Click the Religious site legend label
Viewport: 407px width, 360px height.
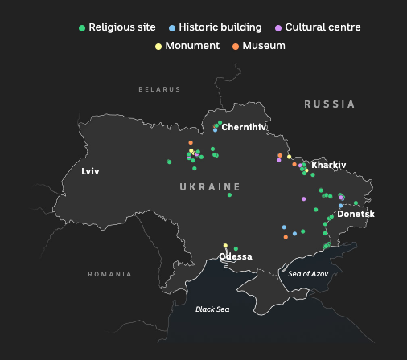click(x=122, y=27)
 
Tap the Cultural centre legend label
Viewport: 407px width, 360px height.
click(x=323, y=27)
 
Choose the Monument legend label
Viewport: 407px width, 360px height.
click(x=192, y=46)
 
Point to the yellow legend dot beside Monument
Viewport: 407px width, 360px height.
click(x=158, y=46)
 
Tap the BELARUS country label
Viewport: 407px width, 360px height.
click(x=159, y=89)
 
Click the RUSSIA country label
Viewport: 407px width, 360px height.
click(x=329, y=104)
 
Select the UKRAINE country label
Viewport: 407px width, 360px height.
click(x=210, y=186)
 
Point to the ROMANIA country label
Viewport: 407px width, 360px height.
click(x=109, y=274)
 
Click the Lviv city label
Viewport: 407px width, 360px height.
click(x=91, y=171)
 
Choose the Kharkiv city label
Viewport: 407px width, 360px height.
click(x=328, y=165)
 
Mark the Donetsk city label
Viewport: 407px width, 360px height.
click(x=356, y=214)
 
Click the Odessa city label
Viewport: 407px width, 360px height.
click(x=236, y=257)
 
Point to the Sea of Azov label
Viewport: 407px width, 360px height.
click(x=308, y=274)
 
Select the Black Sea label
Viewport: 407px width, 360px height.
click(x=212, y=309)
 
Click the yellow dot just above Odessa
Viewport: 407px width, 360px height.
click(x=225, y=246)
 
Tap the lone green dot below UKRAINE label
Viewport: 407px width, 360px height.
click(x=229, y=194)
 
